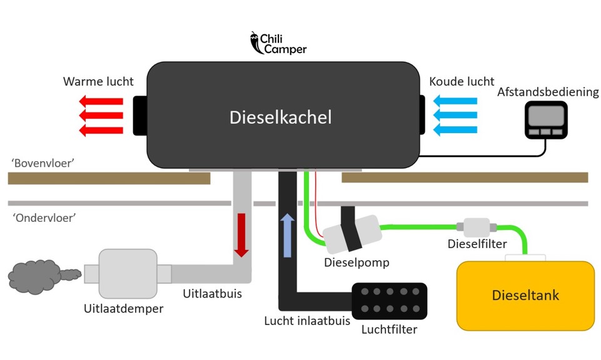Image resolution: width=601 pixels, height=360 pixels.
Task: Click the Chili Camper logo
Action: coord(278,43)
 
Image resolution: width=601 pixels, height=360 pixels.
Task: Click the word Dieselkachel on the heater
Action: coord(280,117)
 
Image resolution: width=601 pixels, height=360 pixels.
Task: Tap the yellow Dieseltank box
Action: coord(525,295)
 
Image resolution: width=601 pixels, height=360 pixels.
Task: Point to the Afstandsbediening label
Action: coord(548,92)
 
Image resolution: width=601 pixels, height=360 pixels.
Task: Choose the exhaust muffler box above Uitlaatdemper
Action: coord(128,273)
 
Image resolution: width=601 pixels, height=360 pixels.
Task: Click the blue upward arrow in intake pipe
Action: coord(287,234)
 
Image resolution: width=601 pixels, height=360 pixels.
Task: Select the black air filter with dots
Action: coord(389,300)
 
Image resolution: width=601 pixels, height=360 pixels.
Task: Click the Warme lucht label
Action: coord(98,82)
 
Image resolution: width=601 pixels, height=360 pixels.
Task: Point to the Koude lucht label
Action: coord(462,82)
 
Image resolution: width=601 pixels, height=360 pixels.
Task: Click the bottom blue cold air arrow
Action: coord(455,129)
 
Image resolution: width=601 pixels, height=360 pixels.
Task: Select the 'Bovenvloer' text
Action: coord(43,162)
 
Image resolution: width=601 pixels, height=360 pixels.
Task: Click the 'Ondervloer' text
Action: coord(43,218)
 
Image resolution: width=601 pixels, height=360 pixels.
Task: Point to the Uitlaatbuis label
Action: coord(211,292)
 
